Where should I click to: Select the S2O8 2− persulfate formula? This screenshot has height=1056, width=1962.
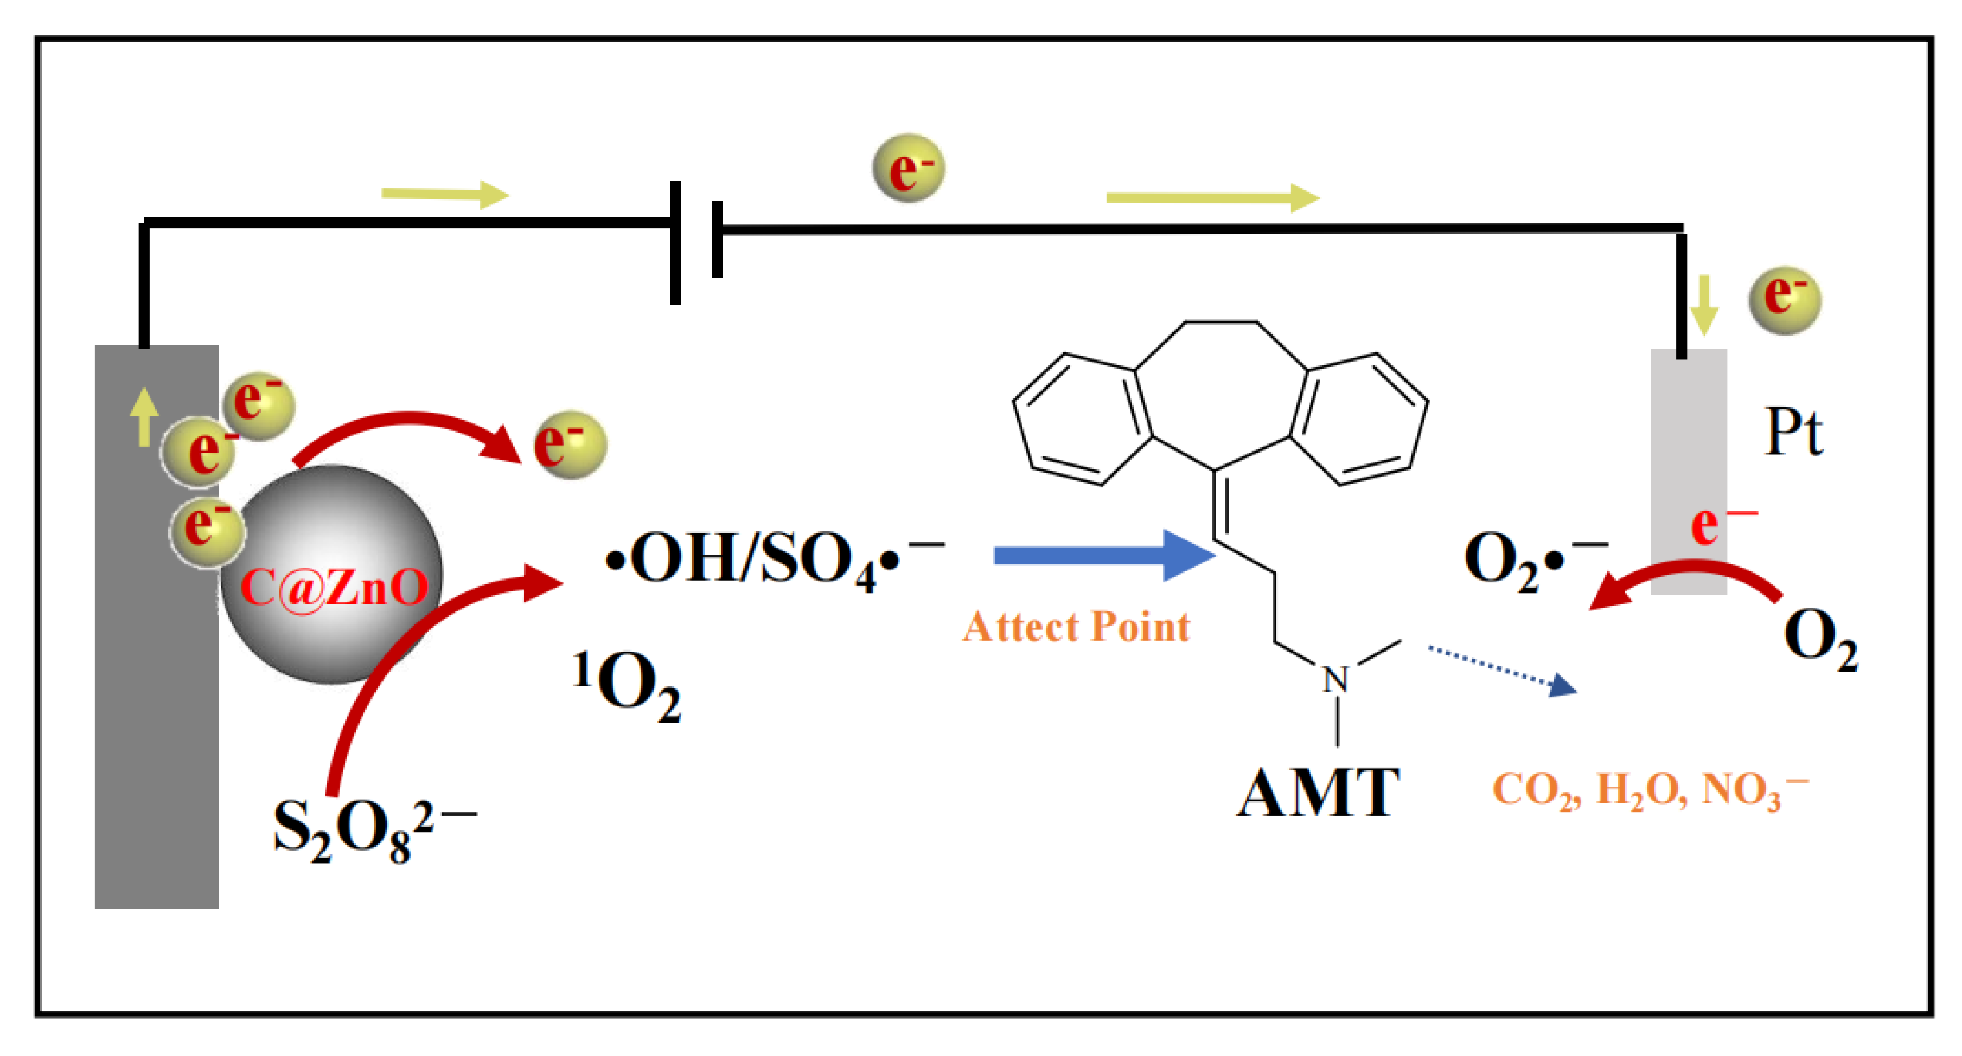click(x=373, y=830)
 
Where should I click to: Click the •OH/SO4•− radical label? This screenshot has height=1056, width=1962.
click(x=773, y=559)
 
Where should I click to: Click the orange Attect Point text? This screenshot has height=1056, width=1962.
click(x=1076, y=627)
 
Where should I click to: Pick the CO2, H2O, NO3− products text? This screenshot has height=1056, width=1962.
click(x=1649, y=789)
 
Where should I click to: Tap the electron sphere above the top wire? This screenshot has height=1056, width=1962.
click(x=908, y=168)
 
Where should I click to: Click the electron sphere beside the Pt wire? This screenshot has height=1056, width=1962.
click(x=1785, y=299)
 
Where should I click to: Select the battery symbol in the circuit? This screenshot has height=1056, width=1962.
click(x=695, y=242)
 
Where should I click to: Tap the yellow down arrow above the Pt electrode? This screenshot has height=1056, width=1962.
click(x=1704, y=305)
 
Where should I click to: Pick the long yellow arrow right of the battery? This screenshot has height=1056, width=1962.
click(x=1211, y=198)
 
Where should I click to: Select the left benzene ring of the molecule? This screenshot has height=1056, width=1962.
click(x=1082, y=418)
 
